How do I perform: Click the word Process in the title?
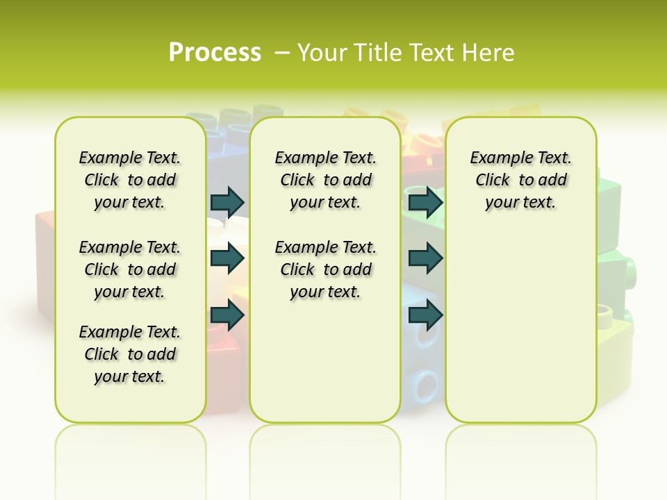coord(215,52)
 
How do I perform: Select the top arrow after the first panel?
coord(227,202)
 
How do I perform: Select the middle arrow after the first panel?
coord(227,258)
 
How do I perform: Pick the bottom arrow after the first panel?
coord(227,315)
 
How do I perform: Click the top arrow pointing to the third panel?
coord(425,202)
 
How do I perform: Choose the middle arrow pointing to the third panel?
coord(425,258)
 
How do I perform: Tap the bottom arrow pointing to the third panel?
coord(425,315)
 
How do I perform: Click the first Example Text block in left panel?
coord(130,180)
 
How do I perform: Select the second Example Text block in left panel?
coord(130,269)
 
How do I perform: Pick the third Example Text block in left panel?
coord(130,354)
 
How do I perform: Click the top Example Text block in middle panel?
coord(326,180)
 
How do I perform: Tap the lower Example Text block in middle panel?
coord(326,269)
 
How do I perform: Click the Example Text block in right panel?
coord(521,180)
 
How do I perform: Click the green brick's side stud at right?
coord(629,268)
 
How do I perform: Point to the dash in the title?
coord(282,52)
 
